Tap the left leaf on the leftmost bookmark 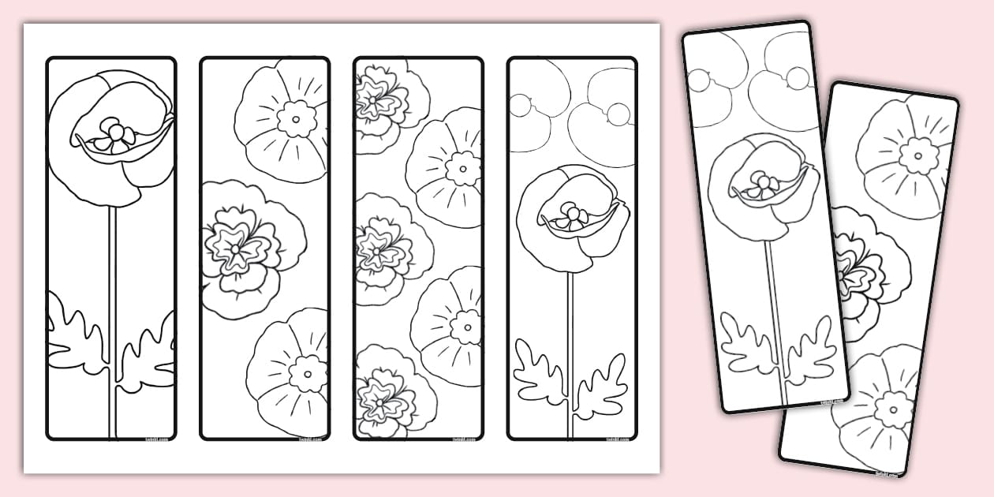(75, 335)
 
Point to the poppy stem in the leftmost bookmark (112, 276)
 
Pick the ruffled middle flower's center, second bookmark (236, 248)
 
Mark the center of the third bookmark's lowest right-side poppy (465, 327)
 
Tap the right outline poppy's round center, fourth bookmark (618, 114)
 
